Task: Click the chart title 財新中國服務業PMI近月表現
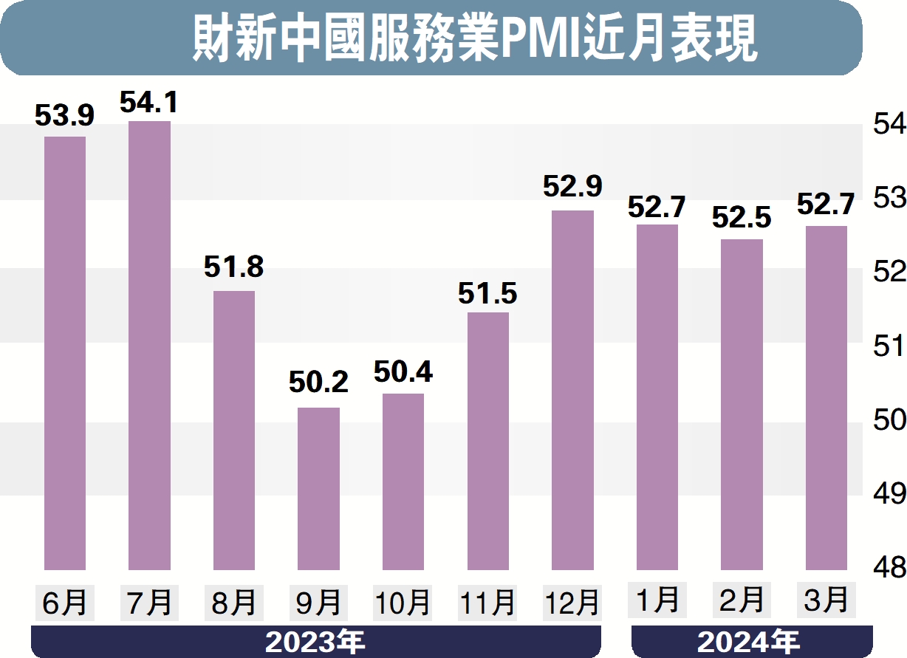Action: pos(475,38)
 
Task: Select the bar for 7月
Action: pos(149,345)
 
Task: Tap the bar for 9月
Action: pos(318,488)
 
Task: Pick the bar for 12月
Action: pos(572,390)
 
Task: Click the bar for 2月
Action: pos(742,404)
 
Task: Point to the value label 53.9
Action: pos(65,116)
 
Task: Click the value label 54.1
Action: pos(149,102)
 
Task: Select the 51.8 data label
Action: pos(234,268)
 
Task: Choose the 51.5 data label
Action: pos(487,293)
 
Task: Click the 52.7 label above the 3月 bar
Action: pos(826,204)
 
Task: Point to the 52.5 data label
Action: pos(742,218)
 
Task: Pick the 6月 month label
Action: pos(64,603)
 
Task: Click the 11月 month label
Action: pos(487,603)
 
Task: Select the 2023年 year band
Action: pos(315,641)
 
